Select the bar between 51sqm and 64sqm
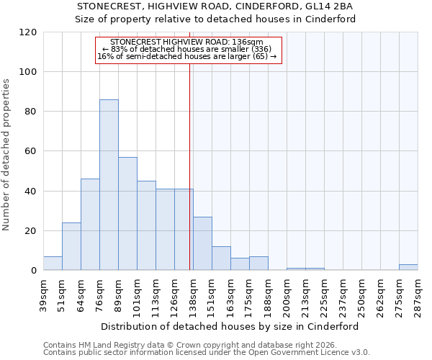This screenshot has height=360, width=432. click(71, 246)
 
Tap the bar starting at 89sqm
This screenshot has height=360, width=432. click(127, 214)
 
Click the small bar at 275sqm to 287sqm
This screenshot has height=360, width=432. click(408, 267)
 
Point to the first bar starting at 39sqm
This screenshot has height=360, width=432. click(53, 264)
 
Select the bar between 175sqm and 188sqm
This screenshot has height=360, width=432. click(258, 264)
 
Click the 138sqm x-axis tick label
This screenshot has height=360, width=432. click(193, 295)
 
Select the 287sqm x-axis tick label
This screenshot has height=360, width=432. click(418, 295)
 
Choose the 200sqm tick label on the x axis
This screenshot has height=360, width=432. click(287, 295)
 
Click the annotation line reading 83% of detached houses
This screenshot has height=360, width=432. click(187, 49)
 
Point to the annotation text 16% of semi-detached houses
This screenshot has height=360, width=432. click(187, 56)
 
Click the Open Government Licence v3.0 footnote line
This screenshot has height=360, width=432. click(207, 353)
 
